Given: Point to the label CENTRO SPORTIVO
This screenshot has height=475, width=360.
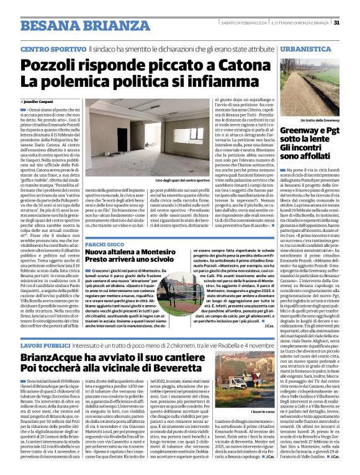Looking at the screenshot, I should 52,48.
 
